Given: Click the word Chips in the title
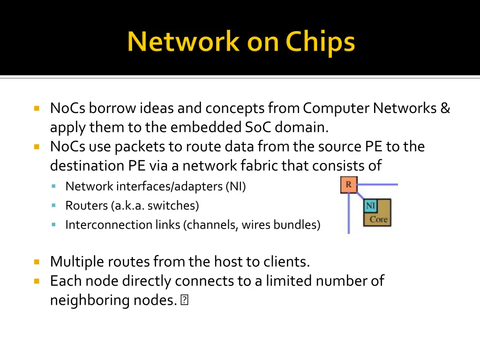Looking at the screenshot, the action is [320, 43].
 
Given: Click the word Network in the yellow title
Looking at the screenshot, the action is [183, 41].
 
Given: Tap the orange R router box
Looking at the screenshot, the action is [349, 185].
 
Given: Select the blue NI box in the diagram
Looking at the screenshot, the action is [370, 205].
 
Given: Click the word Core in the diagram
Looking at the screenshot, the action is [379, 219].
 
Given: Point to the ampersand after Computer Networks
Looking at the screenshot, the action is [445, 108].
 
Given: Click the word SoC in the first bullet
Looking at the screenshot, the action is [258, 127].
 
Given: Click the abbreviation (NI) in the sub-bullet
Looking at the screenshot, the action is [236, 187].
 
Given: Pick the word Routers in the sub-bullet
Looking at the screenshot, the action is [87, 205].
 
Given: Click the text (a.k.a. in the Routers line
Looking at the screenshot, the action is [127, 206].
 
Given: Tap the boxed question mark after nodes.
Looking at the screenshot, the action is [184, 300].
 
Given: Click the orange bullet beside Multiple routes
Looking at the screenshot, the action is [37, 262].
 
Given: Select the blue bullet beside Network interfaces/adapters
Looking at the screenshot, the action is [54, 186].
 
